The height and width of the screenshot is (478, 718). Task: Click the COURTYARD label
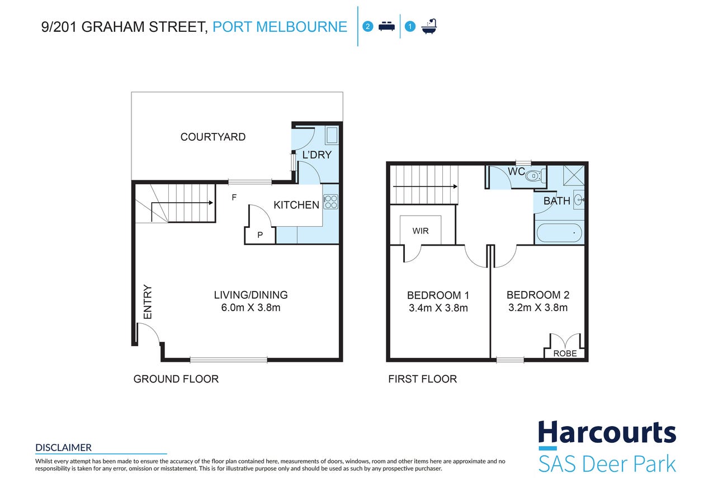pyautogui.click(x=213, y=137)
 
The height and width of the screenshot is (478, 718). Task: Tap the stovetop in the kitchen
pyautogui.click(x=330, y=202)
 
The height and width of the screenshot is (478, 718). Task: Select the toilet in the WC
pyautogui.click(x=536, y=175)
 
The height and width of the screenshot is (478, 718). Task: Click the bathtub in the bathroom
pyautogui.click(x=559, y=233)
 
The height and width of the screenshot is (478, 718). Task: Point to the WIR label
pyautogui.click(x=420, y=231)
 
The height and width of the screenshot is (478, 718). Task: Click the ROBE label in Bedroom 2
pyautogui.click(x=565, y=353)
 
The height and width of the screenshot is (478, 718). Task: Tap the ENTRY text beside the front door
pyautogui.click(x=148, y=302)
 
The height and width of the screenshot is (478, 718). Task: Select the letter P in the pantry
pyautogui.click(x=260, y=235)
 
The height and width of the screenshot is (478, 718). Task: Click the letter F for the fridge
pyautogui.click(x=234, y=197)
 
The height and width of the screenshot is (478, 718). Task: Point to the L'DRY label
pyautogui.click(x=317, y=155)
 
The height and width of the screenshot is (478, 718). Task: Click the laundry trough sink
pyautogui.click(x=332, y=135)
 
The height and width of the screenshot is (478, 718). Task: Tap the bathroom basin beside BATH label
pyautogui.click(x=579, y=200)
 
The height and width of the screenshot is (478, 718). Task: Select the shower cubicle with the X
pyautogui.click(x=574, y=175)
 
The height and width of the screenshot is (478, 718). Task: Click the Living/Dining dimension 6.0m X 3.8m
pyautogui.click(x=251, y=308)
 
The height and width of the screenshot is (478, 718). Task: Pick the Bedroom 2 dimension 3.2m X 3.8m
pyautogui.click(x=538, y=308)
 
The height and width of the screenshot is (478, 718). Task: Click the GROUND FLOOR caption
pyautogui.click(x=176, y=379)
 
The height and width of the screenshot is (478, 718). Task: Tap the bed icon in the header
pyautogui.click(x=386, y=26)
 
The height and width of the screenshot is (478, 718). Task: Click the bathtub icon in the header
pyautogui.click(x=429, y=26)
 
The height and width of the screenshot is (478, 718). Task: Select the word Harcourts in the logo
pyautogui.click(x=607, y=433)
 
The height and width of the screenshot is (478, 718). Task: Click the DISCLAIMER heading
pyautogui.click(x=63, y=448)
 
